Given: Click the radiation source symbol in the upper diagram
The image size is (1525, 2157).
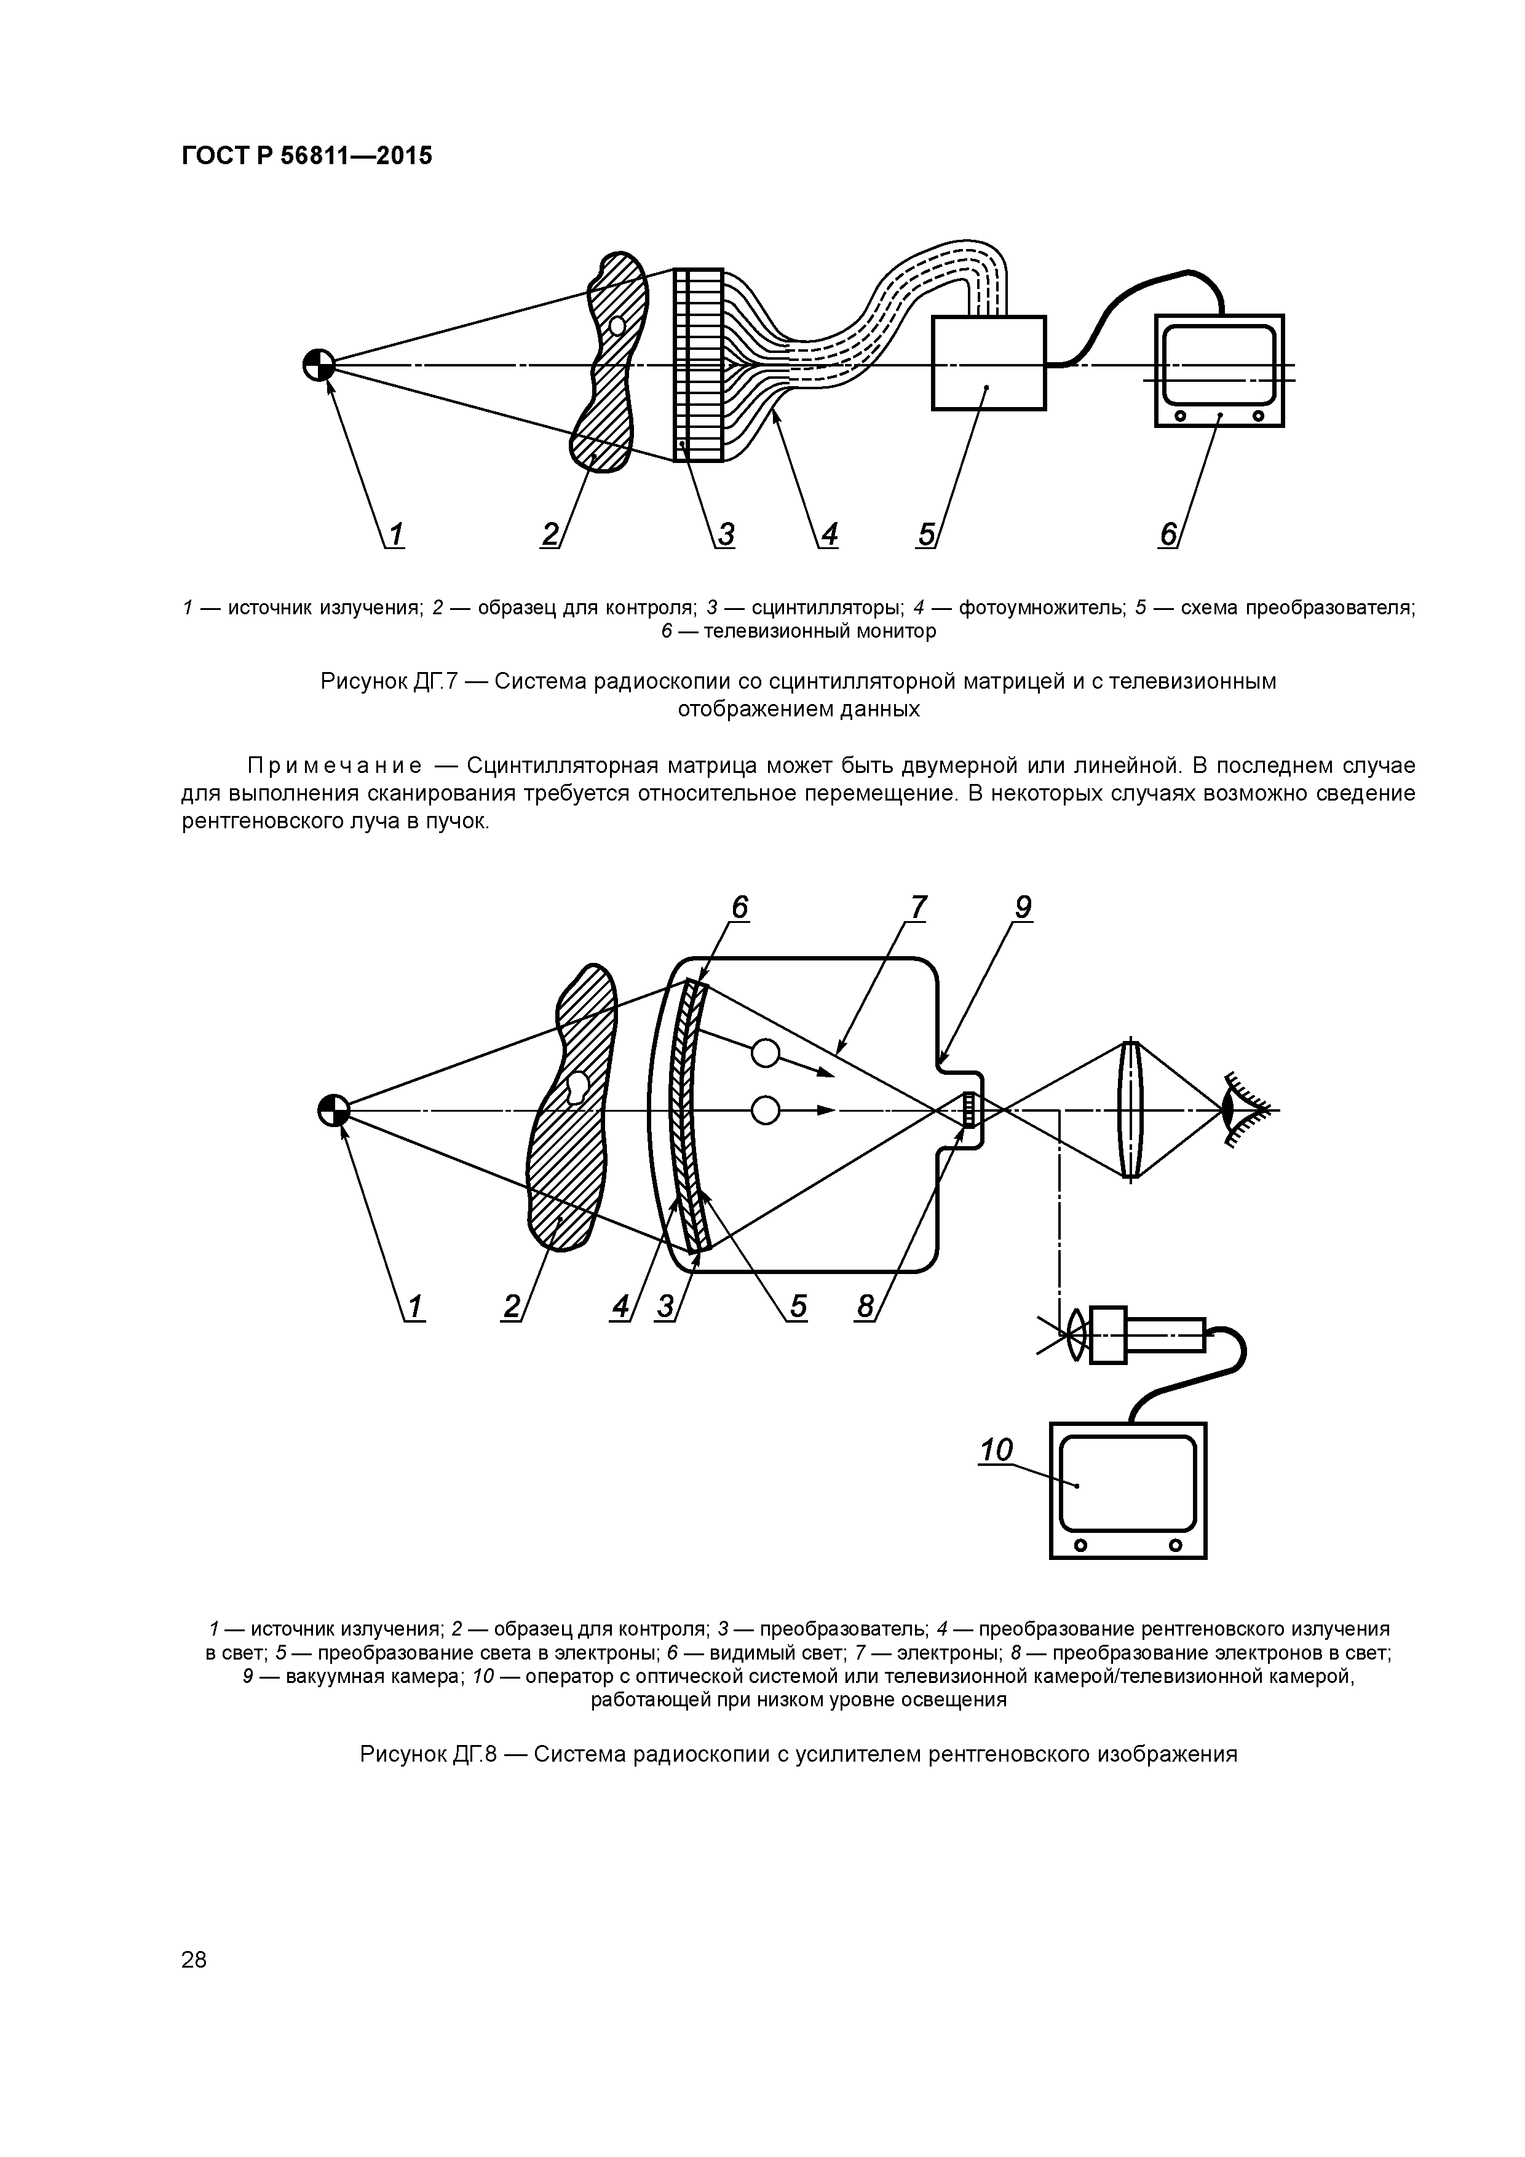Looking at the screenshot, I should pos(319,365).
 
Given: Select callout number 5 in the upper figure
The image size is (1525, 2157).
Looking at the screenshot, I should pos(927,534).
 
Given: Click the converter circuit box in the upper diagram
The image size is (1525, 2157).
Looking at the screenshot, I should pos(988,363).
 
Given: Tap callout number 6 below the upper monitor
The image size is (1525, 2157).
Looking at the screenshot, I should pos(1168,534).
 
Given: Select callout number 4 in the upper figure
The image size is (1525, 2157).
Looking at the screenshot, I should pos(829,534).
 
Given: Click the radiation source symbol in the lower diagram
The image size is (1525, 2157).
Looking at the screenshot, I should pos(333,1110).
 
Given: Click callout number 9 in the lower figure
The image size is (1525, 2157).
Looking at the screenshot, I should pos(1023,908).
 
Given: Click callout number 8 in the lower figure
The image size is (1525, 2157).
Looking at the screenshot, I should pos(865,1307).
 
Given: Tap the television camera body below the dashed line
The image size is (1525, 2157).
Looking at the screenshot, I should pos(1148,1335).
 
